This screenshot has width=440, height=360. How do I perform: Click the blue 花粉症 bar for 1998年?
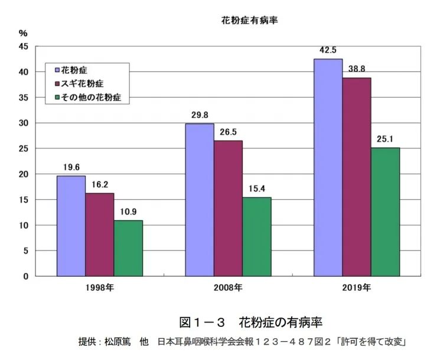[71, 226]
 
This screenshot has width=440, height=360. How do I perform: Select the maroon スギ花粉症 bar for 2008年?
[228, 208]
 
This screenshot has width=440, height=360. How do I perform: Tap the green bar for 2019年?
[385, 212]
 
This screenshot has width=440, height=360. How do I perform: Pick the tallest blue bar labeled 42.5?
[328, 167]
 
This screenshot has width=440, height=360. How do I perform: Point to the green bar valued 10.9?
[128, 248]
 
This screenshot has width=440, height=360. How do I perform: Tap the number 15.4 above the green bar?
[257, 189]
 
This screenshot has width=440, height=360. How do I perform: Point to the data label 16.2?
[100, 185]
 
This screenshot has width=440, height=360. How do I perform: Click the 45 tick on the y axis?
[25, 47]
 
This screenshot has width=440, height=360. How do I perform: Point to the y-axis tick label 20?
[25, 174]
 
